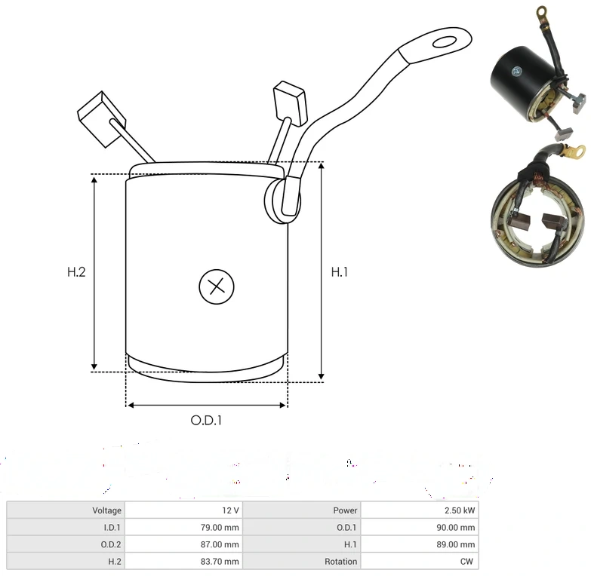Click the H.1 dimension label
(x=339, y=272)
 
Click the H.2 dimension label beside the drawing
(x=76, y=272)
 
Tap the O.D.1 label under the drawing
(x=206, y=420)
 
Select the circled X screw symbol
(x=217, y=286)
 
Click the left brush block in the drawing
(x=101, y=118)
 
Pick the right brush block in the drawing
(x=290, y=103)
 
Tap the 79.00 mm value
(x=220, y=528)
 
